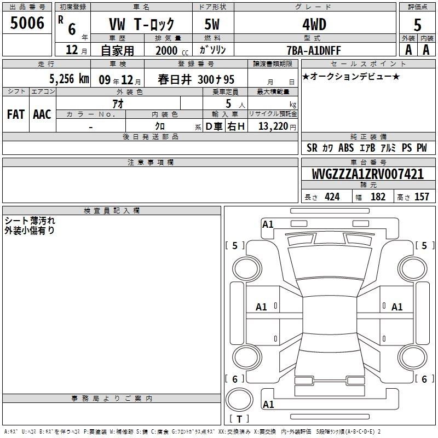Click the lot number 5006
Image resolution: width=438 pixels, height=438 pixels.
coord(27,23)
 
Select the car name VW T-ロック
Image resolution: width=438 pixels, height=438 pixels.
coord(141,24)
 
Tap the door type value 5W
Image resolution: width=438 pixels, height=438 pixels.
coord(212,24)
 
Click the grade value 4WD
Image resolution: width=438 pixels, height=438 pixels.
coord(314,25)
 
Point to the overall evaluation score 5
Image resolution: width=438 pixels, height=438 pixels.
coord(417,25)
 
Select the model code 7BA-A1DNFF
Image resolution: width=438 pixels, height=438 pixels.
coord(314,50)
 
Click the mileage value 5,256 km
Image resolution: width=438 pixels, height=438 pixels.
coord(70,79)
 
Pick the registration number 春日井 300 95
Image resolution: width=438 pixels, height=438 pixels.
coord(196,79)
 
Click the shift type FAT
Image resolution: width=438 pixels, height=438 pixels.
coord(16,114)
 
